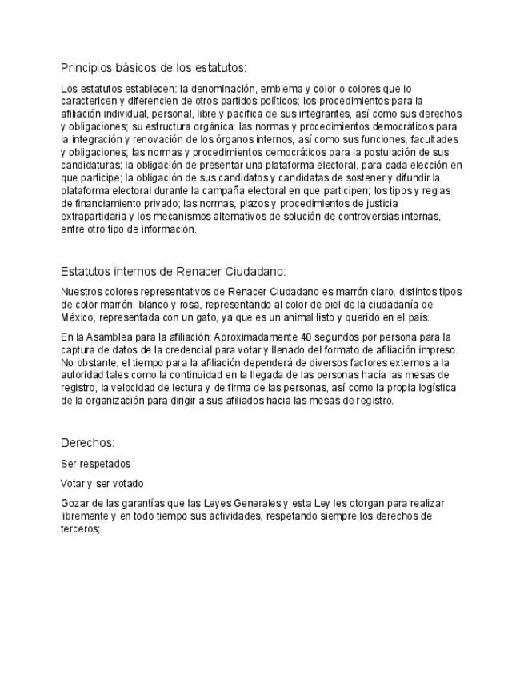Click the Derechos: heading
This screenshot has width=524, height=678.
point(88,442)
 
